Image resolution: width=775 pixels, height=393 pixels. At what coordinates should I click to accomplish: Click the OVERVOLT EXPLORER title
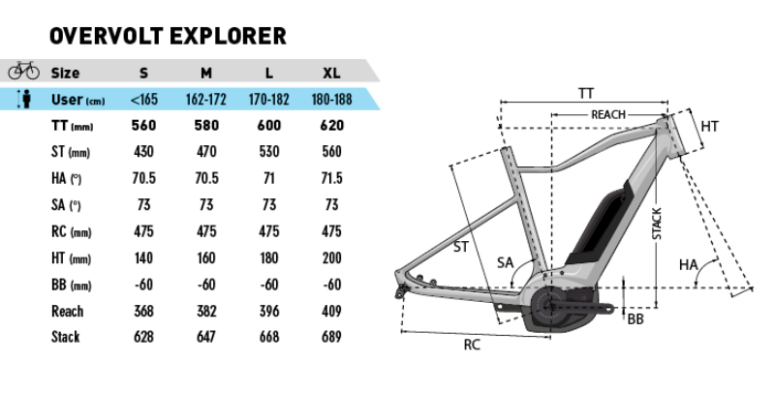[x=167, y=37]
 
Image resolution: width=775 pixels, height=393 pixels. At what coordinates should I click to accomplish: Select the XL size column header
[x=331, y=73]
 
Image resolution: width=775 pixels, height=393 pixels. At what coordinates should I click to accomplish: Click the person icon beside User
[x=25, y=100]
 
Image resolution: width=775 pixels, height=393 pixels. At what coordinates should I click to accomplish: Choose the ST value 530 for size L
[x=268, y=152]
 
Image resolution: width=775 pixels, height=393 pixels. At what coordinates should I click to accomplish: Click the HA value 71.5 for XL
[x=331, y=178]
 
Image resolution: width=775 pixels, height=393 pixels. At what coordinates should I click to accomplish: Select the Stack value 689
[x=331, y=337]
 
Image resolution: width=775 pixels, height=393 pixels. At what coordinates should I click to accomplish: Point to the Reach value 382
[x=206, y=311]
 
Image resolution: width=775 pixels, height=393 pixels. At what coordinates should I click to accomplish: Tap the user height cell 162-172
[x=206, y=100]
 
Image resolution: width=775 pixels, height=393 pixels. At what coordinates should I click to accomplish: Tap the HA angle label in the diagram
[x=688, y=264]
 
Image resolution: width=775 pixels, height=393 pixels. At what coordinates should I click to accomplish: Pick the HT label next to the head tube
[x=709, y=126]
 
